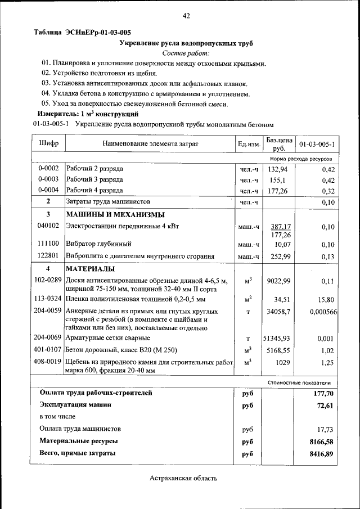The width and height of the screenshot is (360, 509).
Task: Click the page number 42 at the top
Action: [x=186, y=16]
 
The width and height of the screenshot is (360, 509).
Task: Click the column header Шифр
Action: [x=48, y=144]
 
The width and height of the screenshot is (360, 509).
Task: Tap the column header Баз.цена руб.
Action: [x=279, y=144]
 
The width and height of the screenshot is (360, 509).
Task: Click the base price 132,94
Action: [x=278, y=169]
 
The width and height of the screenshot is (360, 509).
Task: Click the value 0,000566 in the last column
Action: [x=323, y=312]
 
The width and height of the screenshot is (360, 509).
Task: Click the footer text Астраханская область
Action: [x=183, y=479]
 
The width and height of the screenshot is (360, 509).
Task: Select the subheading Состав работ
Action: [x=186, y=53]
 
